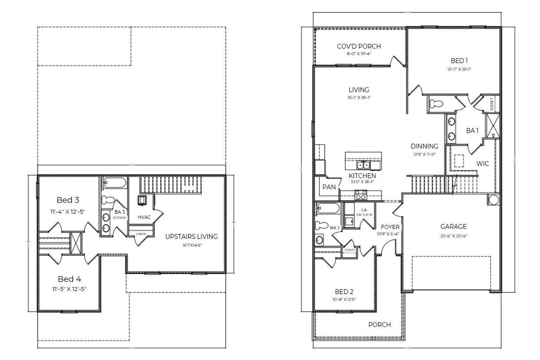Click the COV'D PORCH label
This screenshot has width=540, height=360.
(x=359, y=46)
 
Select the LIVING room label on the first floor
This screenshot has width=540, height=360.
(x=359, y=90)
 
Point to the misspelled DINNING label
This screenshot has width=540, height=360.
(x=424, y=146)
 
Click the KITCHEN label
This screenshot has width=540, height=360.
(x=362, y=176)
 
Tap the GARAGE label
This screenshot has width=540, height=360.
(x=454, y=227)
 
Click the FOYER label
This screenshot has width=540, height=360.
(x=390, y=227)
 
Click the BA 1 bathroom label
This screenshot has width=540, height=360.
(x=472, y=131)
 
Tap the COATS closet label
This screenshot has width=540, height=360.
(x=349, y=250)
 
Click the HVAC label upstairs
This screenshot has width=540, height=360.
(x=145, y=217)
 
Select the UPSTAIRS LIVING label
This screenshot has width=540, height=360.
(x=191, y=236)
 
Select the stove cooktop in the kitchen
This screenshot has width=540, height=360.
(x=361, y=194)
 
